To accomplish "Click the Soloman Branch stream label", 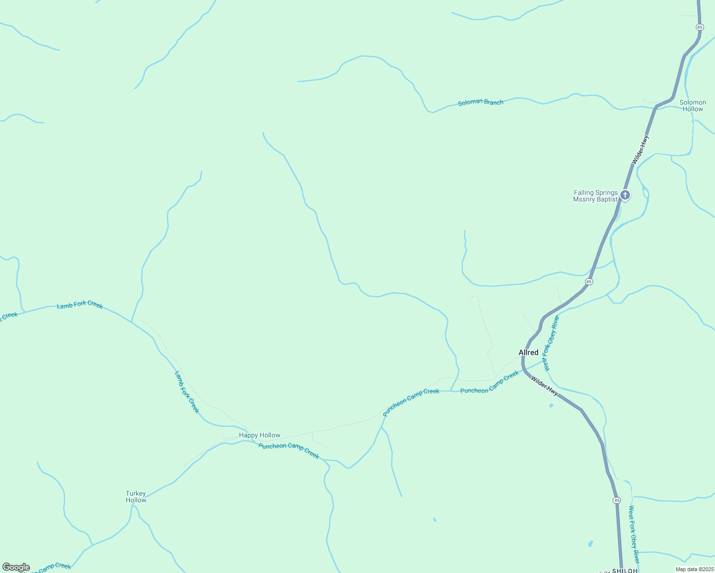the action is (480, 102).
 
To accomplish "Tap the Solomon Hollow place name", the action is (693, 106).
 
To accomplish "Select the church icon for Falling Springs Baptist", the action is (625, 195).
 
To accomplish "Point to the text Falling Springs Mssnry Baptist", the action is (596, 196).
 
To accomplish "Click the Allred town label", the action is (529, 352).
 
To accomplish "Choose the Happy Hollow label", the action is (260, 435).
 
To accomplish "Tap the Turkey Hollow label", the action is (136, 497).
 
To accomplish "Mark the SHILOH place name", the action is (625, 571).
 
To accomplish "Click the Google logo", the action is (16, 567).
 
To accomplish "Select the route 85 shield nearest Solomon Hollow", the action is (700, 27).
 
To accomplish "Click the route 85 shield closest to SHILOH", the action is (617, 500).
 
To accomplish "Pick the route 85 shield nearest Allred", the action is (589, 282).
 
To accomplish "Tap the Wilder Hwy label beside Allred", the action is (544, 386).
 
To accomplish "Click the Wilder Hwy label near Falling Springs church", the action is (640, 150).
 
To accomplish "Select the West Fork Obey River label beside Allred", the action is (551, 343).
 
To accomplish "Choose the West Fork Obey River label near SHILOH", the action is (634, 535).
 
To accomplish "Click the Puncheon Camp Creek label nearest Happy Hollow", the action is (289, 450).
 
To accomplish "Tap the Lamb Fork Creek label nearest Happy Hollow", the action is (187, 392).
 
